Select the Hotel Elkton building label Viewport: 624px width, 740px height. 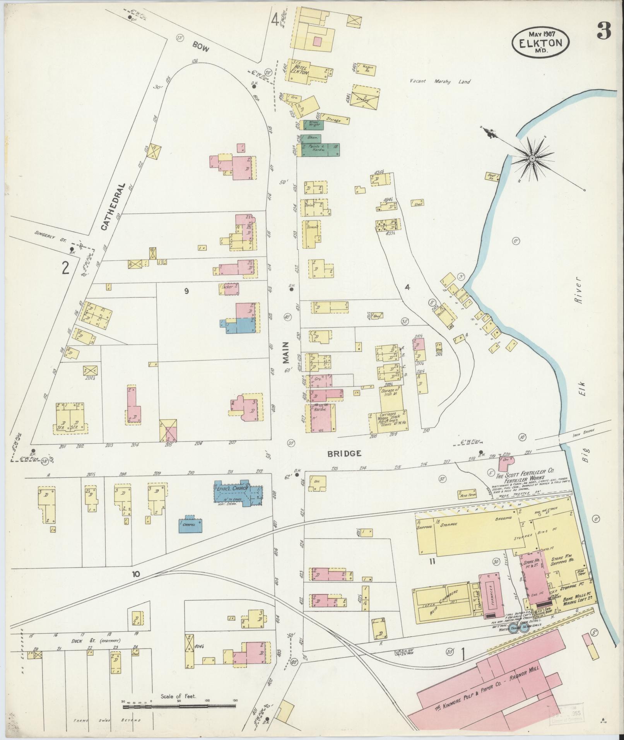[x=301, y=69]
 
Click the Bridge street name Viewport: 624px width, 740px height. [x=344, y=453]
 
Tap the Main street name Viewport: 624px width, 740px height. [x=286, y=352]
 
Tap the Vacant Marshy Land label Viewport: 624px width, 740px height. [x=441, y=82]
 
